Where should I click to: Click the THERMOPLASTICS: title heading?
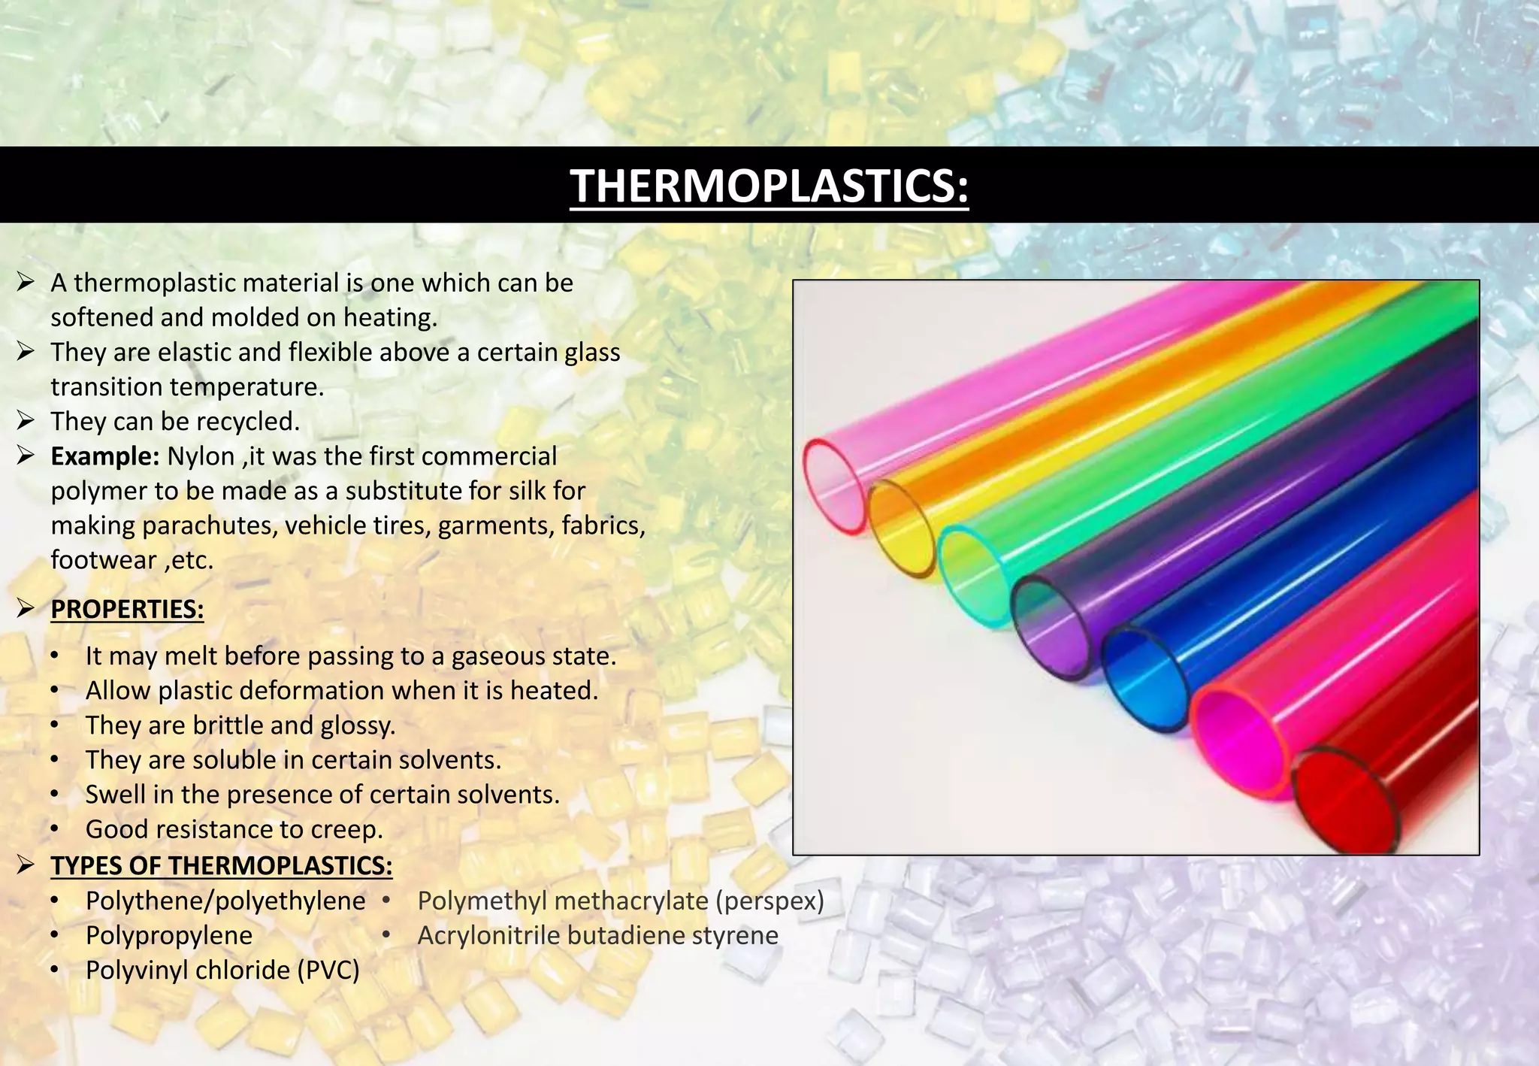(769, 186)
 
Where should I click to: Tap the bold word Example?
(104, 456)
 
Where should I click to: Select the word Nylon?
(201, 456)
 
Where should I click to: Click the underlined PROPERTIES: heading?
(127, 609)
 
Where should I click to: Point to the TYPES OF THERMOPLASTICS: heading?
(222, 865)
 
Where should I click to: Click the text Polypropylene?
(169, 935)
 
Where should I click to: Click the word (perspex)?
(769, 901)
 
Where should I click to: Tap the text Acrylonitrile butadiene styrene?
(597, 935)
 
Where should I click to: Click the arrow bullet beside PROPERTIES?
(26, 608)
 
